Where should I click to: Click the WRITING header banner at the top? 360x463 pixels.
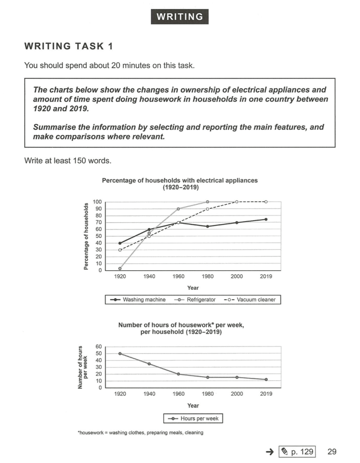click(180, 17)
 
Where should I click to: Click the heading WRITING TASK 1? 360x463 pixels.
click(69, 46)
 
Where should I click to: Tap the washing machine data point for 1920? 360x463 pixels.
click(120, 243)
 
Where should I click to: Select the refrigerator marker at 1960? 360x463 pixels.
click(178, 209)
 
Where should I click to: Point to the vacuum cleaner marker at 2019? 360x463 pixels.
click(266, 202)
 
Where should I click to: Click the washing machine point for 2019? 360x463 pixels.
click(266, 219)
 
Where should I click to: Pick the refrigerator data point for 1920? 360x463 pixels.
click(120, 268)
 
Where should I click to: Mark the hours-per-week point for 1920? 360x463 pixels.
click(120, 353)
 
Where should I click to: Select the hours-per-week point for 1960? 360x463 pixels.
click(178, 374)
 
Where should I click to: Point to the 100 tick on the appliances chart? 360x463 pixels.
click(98, 202)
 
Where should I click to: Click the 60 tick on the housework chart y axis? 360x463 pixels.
click(99, 346)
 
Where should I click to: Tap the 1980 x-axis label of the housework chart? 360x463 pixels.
click(207, 394)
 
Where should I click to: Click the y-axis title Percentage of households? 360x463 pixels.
click(86, 236)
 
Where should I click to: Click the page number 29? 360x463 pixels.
click(332, 451)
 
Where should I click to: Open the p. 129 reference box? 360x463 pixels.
click(297, 451)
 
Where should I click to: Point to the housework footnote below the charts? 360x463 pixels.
click(141, 432)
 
